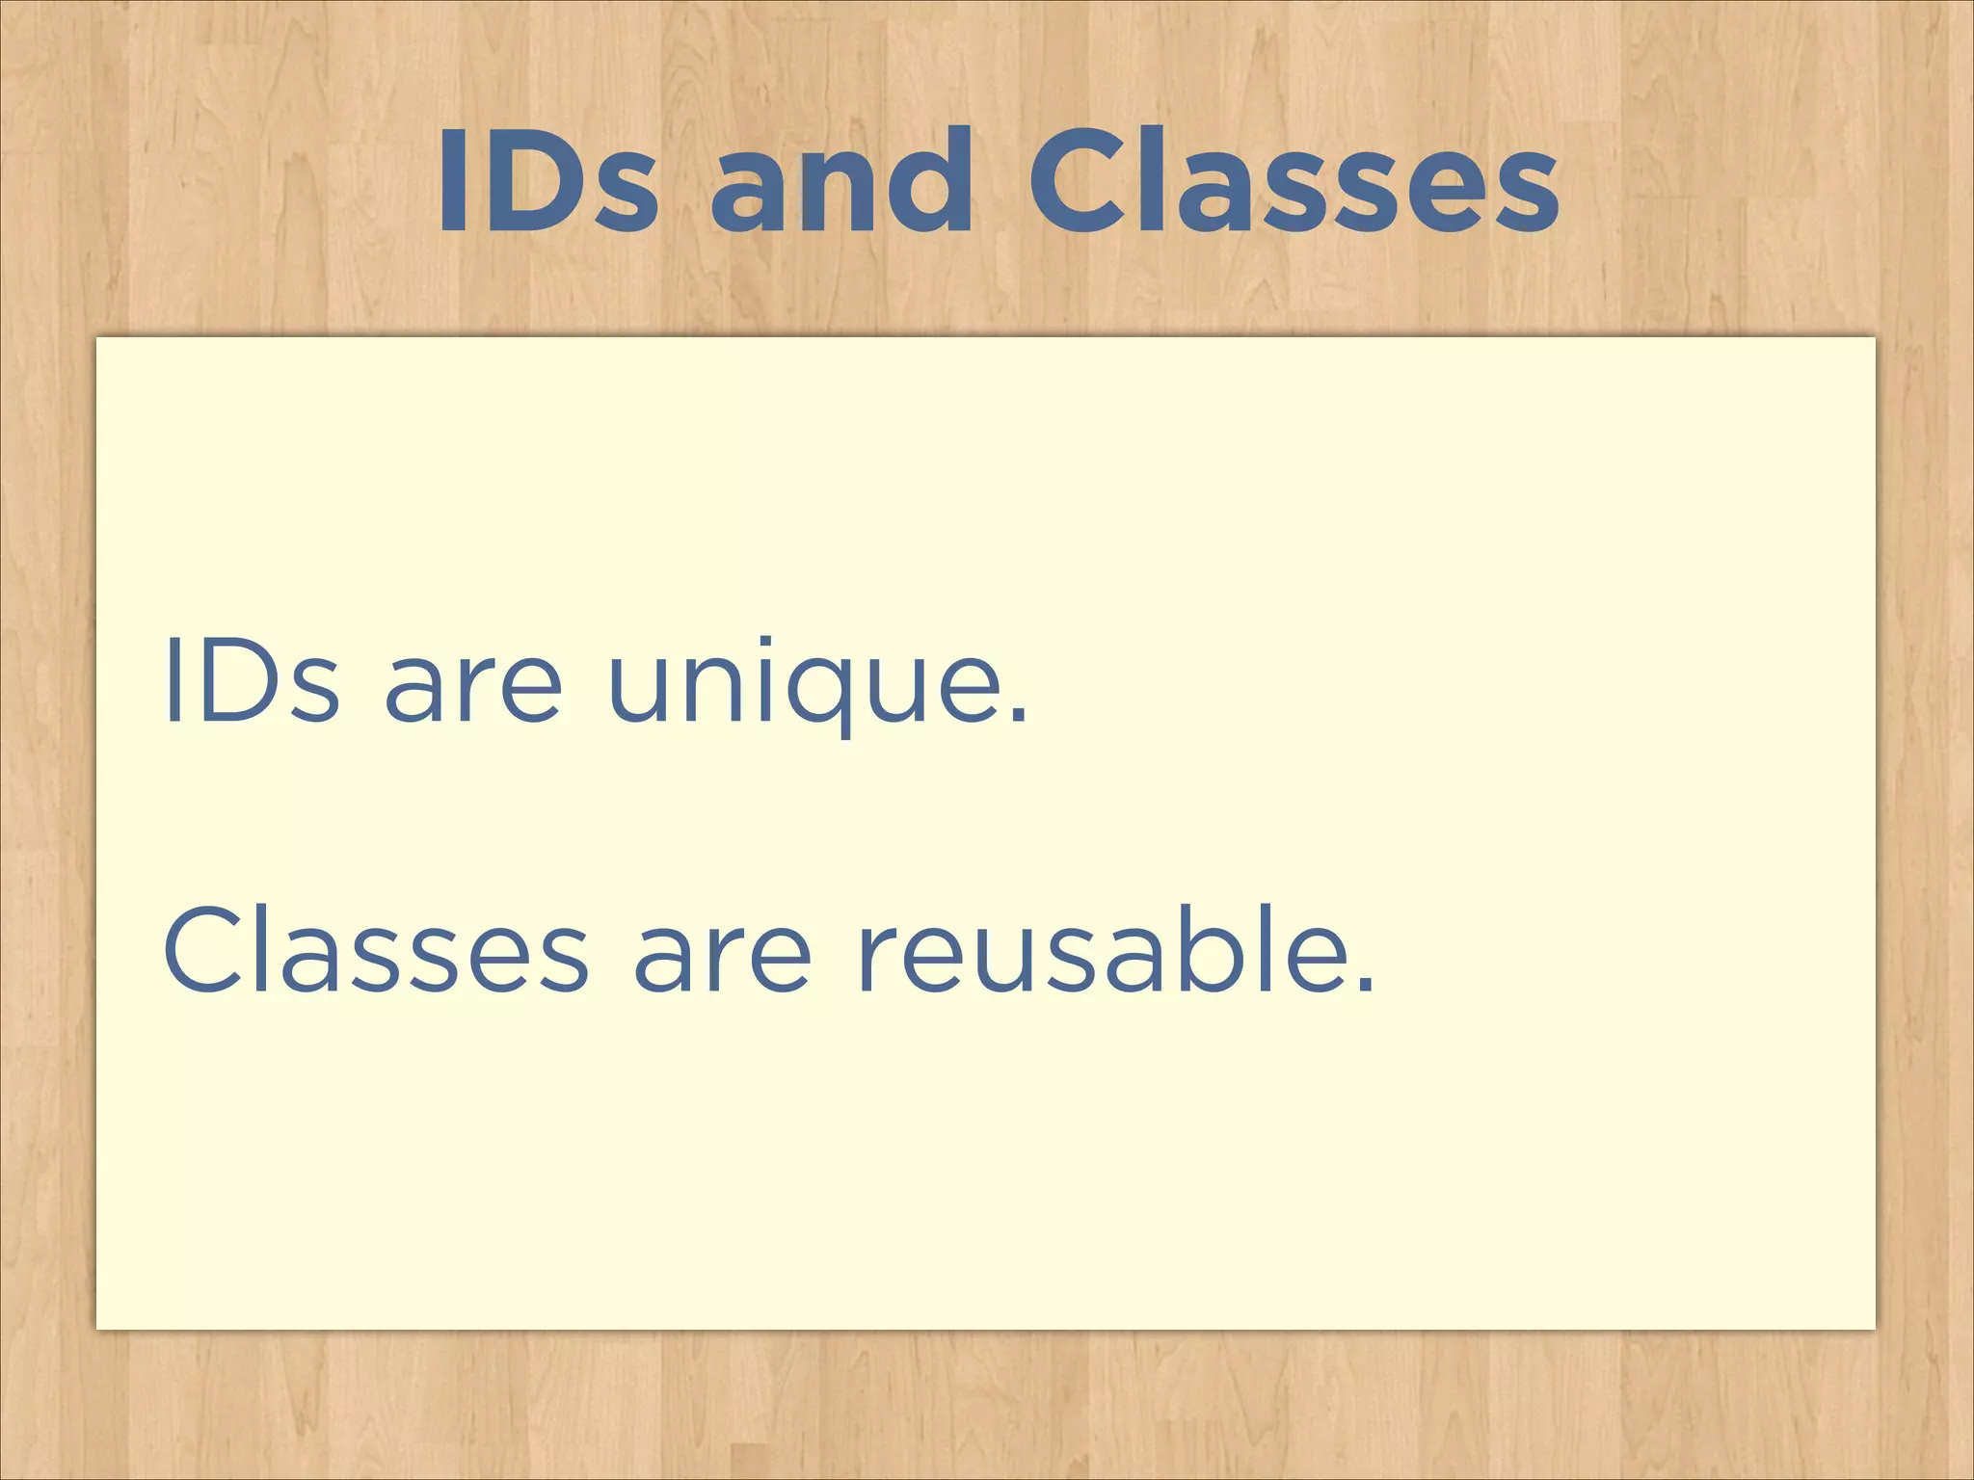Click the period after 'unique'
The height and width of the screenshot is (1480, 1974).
1019,714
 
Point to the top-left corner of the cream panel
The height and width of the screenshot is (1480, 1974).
97,338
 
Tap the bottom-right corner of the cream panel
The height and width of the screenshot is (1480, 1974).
1875,1329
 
